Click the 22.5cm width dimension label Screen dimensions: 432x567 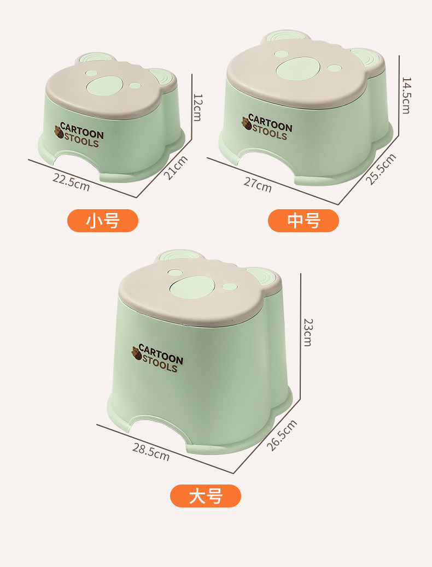pos(71,182)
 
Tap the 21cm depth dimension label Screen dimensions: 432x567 pos(176,168)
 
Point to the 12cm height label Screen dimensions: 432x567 pos(197,108)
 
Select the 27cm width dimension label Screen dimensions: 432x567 pos(258,185)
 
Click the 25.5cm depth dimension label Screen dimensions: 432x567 pos(381,169)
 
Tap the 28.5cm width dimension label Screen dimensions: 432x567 pos(150,452)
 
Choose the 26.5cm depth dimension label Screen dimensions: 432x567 pos(282,435)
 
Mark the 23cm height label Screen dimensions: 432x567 pos(308,332)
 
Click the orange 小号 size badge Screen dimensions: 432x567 pos(103,221)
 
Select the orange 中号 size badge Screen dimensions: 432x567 pos(303,221)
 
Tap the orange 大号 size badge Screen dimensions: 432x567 pos(205,496)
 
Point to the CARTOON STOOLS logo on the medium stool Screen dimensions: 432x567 pos(267,127)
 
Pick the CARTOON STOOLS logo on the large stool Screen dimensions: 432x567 pos(157,358)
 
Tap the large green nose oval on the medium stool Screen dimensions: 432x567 pos(299,69)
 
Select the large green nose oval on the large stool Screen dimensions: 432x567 pos(192,287)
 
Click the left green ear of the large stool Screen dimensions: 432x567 pos(179,256)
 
